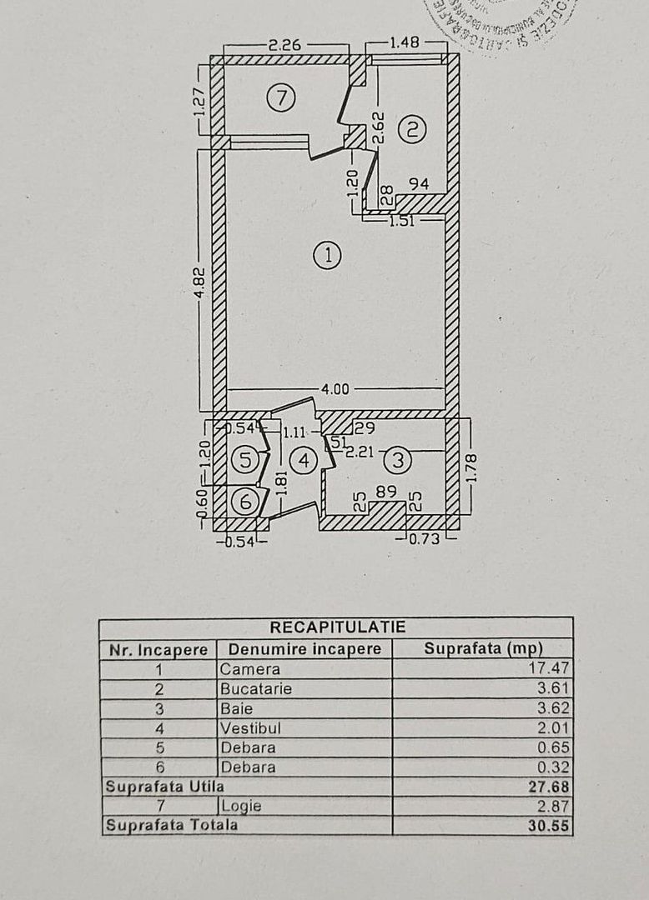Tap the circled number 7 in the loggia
click(281, 98)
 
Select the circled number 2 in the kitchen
click(411, 129)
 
